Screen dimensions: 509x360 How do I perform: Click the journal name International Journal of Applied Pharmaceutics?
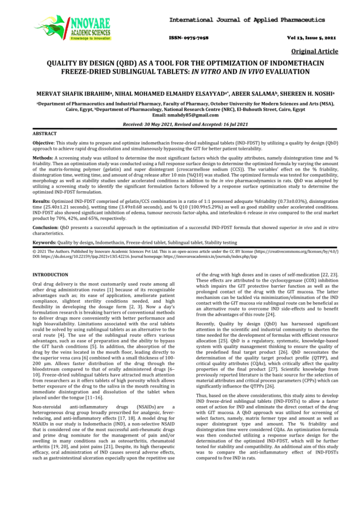click(247, 20)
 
